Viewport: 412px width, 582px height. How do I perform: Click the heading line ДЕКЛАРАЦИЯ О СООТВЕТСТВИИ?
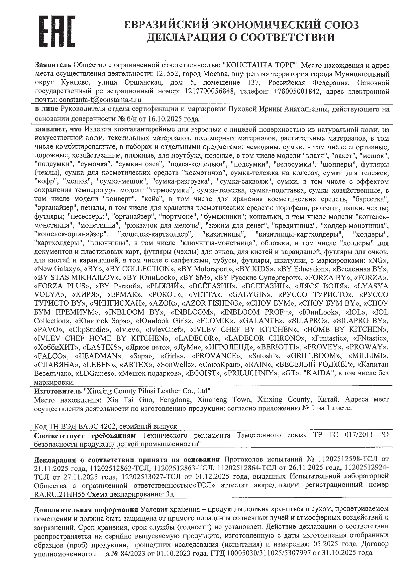[x=241, y=37]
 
